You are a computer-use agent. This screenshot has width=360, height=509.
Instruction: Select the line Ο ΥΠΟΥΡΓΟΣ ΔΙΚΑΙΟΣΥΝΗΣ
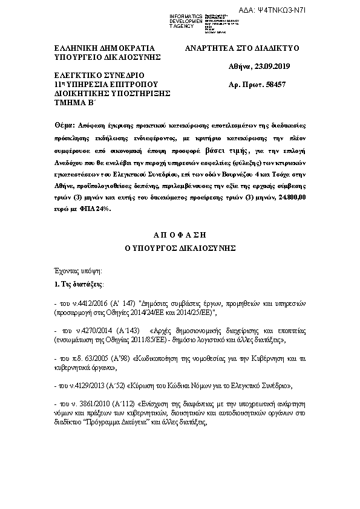tap(180, 247)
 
